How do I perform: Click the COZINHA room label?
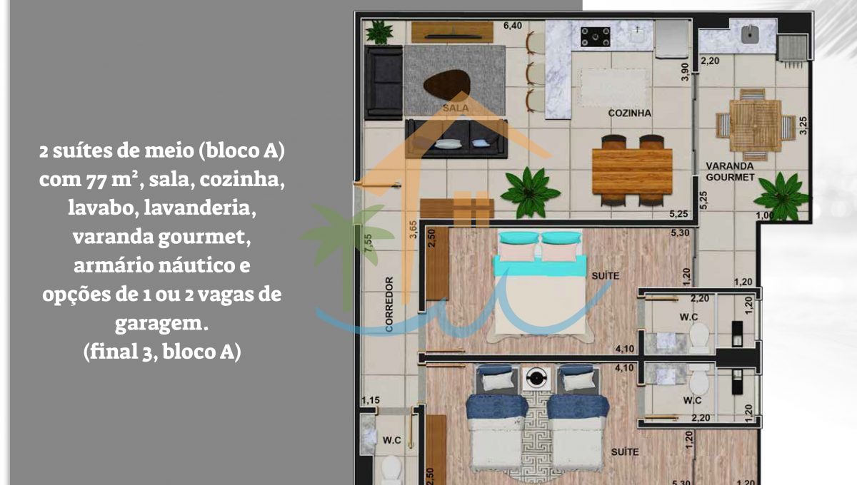(x=629, y=113)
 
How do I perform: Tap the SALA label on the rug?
(x=456, y=108)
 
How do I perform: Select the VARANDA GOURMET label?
(x=730, y=172)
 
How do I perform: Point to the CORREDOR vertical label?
(x=389, y=305)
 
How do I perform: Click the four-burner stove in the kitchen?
(x=595, y=36)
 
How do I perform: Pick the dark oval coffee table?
(x=447, y=85)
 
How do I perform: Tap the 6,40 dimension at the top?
(x=513, y=26)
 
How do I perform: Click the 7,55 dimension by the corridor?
(x=368, y=242)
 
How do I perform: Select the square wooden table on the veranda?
(x=756, y=126)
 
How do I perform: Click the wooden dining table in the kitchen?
(x=632, y=171)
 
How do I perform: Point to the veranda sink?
(x=750, y=34)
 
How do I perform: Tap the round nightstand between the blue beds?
(x=536, y=378)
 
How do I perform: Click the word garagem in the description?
(x=162, y=324)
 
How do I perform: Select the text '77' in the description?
(x=96, y=180)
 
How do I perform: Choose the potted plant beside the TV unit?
(x=379, y=32)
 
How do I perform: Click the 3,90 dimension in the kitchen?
(x=685, y=71)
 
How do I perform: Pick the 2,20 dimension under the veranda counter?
(x=710, y=61)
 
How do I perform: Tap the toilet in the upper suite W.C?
(x=699, y=337)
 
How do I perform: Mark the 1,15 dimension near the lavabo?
(x=371, y=400)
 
